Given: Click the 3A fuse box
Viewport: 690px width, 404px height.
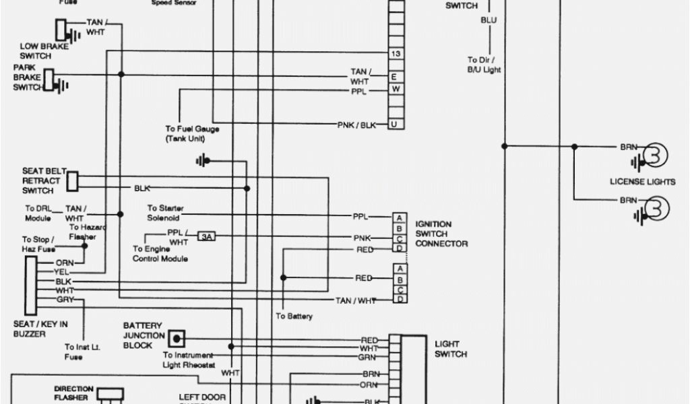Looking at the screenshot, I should pyautogui.click(x=206, y=237).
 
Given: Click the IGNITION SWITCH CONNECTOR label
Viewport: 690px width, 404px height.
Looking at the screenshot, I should pyautogui.click(x=441, y=234).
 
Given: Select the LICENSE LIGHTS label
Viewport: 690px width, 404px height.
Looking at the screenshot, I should pyautogui.click(x=642, y=182).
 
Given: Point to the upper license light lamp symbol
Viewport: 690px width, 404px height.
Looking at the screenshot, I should pyautogui.click(x=654, y=156).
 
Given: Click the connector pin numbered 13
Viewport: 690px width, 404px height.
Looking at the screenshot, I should pyautogui.click(x=396, y=54).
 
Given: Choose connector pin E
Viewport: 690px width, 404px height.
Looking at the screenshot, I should pyautogui.click(x=396, y=77).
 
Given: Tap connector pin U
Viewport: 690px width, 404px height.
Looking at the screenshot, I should pyautogui.click(x=396, y=124).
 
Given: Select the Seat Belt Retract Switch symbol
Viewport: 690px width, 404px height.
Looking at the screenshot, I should pyautogui.click(x=73, y=180).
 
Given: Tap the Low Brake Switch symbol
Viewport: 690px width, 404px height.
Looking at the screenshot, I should pyautogui.click(x=61, y=30).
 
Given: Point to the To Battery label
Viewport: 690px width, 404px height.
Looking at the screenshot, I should pyautogui.click(x=294, y=316).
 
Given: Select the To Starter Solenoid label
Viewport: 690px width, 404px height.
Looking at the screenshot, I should pyautogui.click(x=165, y=213).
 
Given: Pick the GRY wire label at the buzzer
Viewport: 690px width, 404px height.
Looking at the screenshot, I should pyautogui.click(x=65, y=300).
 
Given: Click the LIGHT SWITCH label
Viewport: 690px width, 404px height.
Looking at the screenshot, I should pyautogui.click(x=451, y=348).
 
